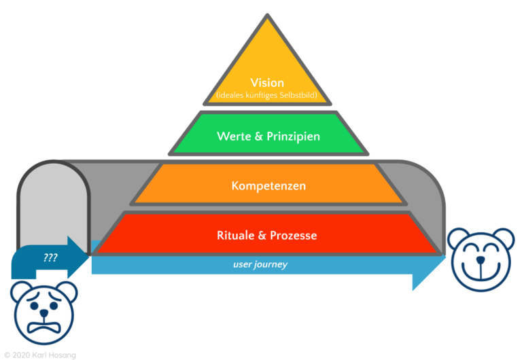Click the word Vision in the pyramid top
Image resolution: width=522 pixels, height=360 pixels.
(x=267, y=83)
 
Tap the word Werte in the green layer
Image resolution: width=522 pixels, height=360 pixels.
(x=232, y=137)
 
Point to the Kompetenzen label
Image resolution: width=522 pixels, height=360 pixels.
(x=268, y=185)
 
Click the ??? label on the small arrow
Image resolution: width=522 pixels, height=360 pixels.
(x=50, y=258)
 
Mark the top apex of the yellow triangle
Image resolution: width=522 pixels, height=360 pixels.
(x=268, y=15)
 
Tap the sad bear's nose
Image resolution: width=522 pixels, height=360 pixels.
(x=44, y=317)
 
